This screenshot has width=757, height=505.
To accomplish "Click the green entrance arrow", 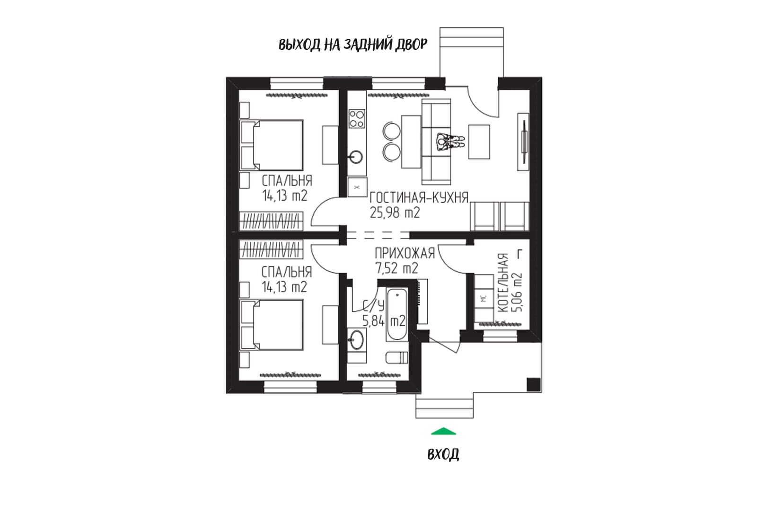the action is pos(443,431).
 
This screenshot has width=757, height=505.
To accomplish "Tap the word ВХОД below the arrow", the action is pos(443,455).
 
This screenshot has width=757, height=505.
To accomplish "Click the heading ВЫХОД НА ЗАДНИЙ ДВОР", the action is pos(353,44).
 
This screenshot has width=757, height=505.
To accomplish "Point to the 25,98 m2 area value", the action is pos(395,213).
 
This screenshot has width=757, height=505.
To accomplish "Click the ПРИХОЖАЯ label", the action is pos(405,253).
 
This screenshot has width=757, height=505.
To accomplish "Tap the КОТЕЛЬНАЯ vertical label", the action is pos(503,283).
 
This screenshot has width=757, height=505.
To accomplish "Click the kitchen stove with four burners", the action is pos(357,119).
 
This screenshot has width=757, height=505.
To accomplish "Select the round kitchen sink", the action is pos(356,157).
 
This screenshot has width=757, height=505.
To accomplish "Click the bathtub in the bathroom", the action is pos(397,314).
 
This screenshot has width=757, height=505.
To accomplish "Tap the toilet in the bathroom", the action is pos(397,358).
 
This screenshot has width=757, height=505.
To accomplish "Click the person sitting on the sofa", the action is pos(450,142).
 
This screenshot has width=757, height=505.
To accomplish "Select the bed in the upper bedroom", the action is pos(272,145).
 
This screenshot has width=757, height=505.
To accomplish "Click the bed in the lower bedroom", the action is pos(272,325).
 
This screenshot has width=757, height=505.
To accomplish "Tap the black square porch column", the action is pos(534,384).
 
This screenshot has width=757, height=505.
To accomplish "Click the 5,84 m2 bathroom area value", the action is pos(384,320).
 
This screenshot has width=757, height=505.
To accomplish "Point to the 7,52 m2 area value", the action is pos(396,268).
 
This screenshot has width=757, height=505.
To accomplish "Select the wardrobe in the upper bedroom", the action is pos(272,221).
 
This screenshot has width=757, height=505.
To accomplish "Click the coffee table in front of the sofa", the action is pos(479,142).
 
